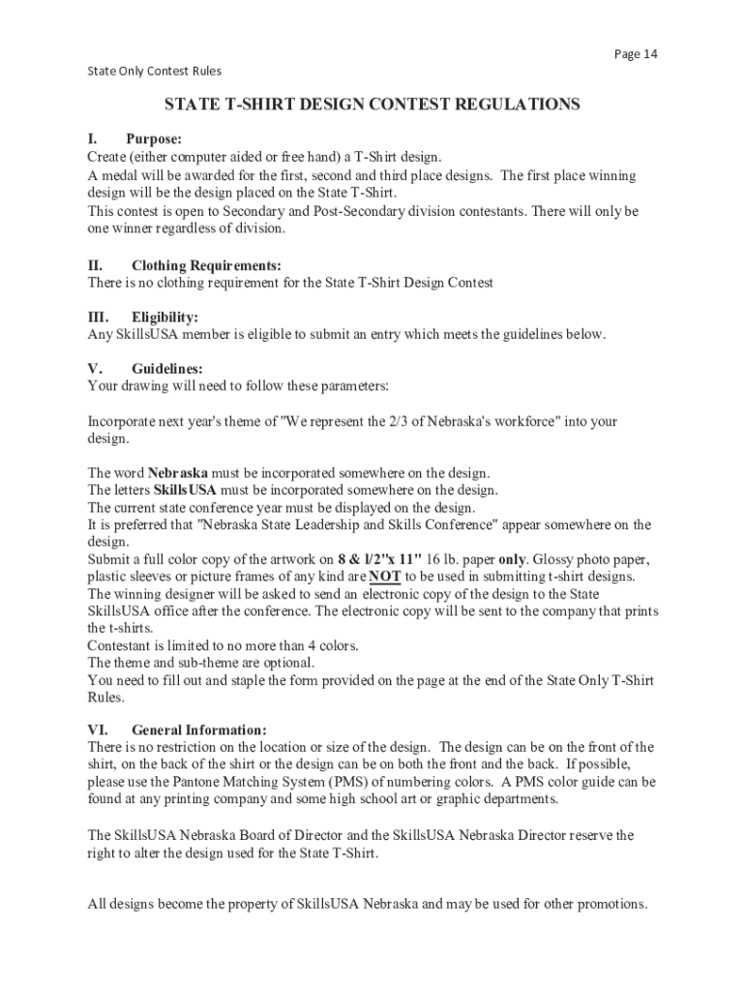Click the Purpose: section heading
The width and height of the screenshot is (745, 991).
[153, 139]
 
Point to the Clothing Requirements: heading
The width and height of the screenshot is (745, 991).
[206, 265]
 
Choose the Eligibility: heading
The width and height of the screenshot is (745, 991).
[164, 317]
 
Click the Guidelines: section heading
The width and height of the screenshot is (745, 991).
[167, 369]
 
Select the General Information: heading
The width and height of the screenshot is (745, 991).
[198, 730]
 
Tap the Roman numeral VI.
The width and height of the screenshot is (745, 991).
[98, 730]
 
